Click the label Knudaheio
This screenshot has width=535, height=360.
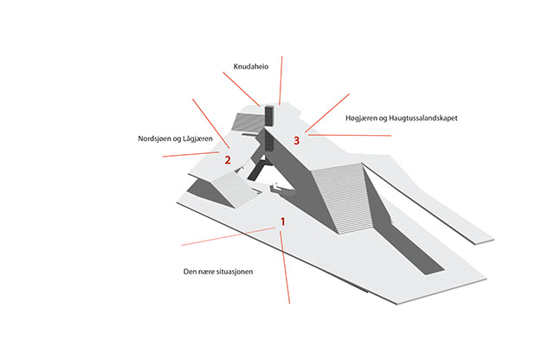[x=251, y=67]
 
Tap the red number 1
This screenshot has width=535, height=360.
[x=282, y=222]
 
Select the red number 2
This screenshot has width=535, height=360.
[x=228, y=160]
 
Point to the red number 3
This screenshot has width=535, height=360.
[x=297, y=140]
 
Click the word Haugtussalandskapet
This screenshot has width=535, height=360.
[x=423, y=118]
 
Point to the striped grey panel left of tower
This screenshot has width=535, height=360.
[x=248, y=122]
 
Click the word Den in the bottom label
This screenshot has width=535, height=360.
[x=190, y=272]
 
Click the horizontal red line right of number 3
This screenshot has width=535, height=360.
[x=350, y=136]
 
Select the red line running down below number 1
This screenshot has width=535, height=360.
[x=285, y=267]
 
